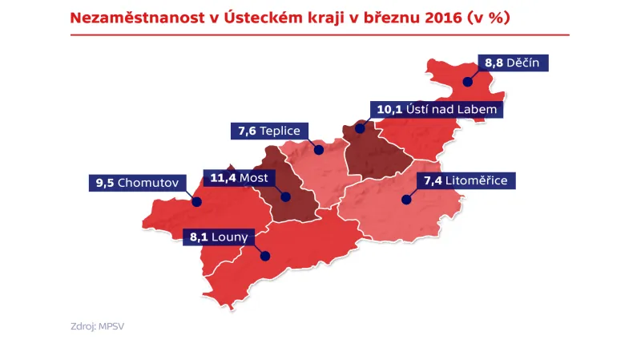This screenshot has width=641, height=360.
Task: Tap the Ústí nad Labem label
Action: click(436, 107)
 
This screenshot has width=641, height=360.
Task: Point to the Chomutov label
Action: click(135, 182)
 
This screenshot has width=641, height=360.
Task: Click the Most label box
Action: click(239, 177)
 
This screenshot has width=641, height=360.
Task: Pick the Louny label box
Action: click(219, 237)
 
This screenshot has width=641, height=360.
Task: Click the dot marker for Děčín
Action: click(467, 80)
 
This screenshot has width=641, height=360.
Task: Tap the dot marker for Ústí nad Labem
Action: click(360, 127)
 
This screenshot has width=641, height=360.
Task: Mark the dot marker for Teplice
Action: click(318, 149)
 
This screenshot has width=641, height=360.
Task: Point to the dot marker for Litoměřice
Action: click(405, 200)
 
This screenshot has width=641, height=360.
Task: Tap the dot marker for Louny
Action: click(264, 257)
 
